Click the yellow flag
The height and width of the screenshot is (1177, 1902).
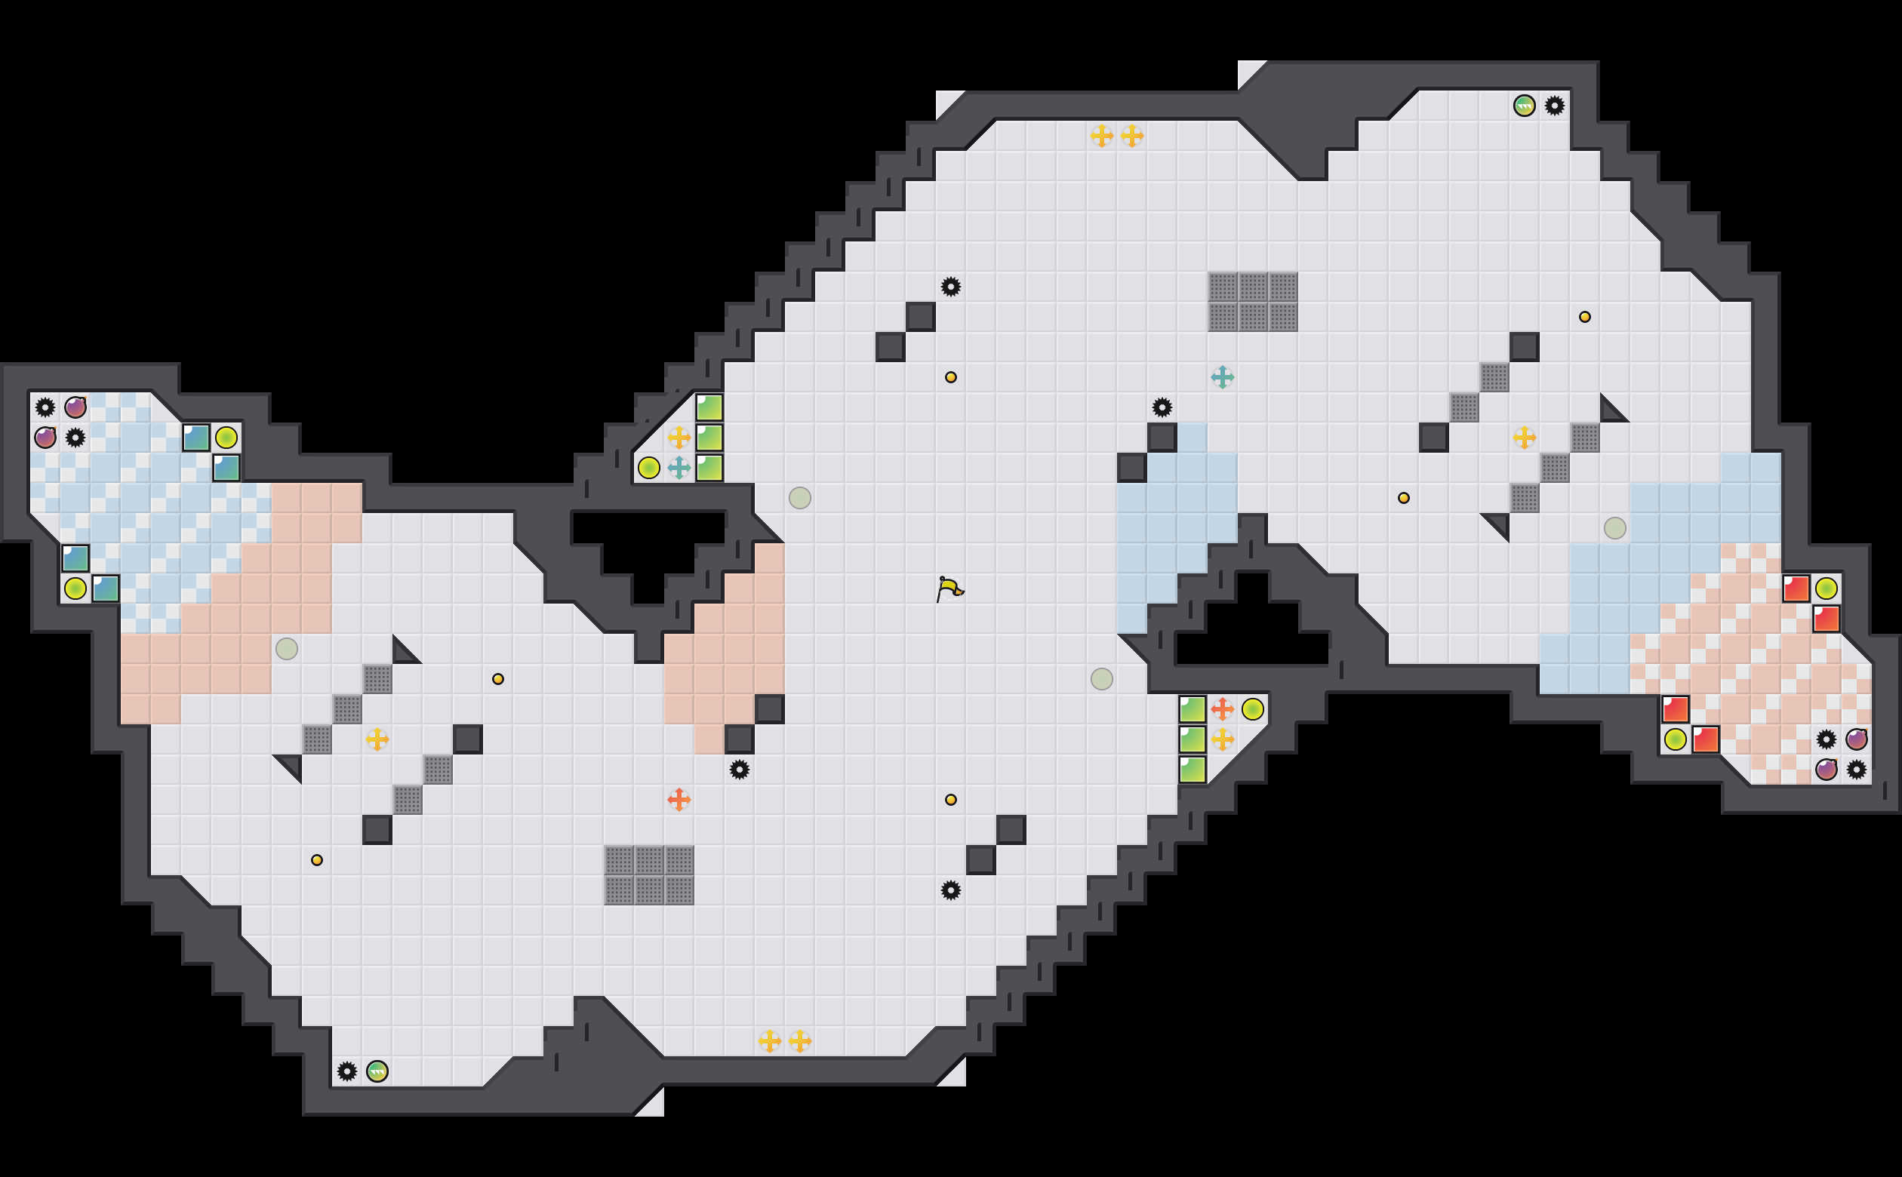(x=949, y=589)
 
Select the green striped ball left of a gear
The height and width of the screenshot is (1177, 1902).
(x=1524, y=106)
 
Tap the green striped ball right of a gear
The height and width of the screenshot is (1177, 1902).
(x=377, y=1071)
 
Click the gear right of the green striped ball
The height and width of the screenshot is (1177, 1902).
(x=1554, y=106)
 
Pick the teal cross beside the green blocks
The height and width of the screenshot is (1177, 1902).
(x=679, y=468)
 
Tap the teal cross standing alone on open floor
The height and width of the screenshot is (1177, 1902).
(x=1222, y=377)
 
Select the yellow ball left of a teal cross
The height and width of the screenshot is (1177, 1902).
(x=648, y=468)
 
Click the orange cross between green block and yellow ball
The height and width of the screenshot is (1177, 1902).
(x=1222, y=709)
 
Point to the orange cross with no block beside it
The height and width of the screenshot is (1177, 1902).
(x=679, y=800)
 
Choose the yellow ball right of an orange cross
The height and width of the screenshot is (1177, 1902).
(x=1253, y=709)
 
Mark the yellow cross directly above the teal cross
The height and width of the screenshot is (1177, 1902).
(x=679, y=438)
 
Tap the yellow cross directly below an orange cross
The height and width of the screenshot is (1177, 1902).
(x=1222, y=739)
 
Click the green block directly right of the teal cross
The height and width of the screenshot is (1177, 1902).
(x=709, y=468)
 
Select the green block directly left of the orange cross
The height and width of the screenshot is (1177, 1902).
(x=1192, y=709)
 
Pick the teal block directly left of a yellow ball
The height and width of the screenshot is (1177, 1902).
(x=195, y=438)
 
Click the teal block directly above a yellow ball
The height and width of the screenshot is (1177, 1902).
(x=75, y=558)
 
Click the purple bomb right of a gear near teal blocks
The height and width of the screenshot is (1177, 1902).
(x=75, y=407)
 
